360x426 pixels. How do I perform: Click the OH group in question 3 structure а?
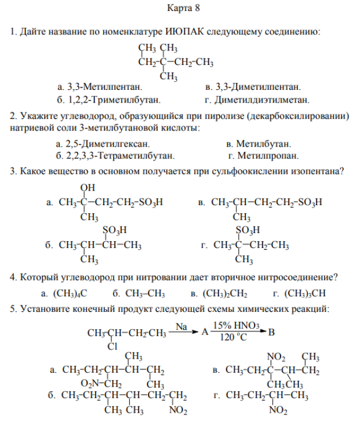pos(88,187)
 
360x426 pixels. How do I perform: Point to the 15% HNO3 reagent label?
pos(236,326)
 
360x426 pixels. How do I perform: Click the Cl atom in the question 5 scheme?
pos(112,346)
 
